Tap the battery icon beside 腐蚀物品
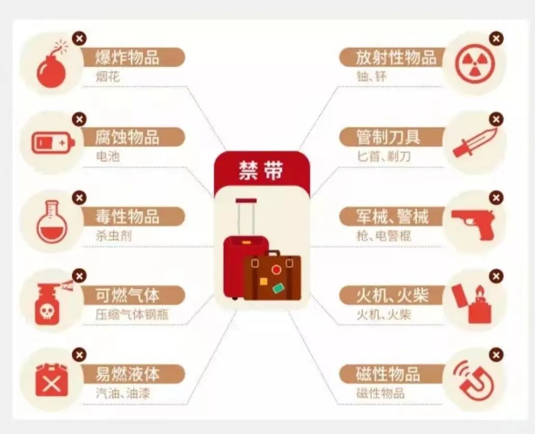click(53, 143)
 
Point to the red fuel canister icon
click(52, 381)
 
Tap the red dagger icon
click(475, 143)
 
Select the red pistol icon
click(473, 223)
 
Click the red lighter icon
click(472, 304)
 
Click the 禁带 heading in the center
click(261, 170)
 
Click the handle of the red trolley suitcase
click(246, 217)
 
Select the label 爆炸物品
click(127, 57)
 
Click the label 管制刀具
click(388, 137)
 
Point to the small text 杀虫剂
click(113, 236)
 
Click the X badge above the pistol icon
click(496, 198)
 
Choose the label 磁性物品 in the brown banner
click(388, 374)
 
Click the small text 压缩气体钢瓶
click(132, 314)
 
